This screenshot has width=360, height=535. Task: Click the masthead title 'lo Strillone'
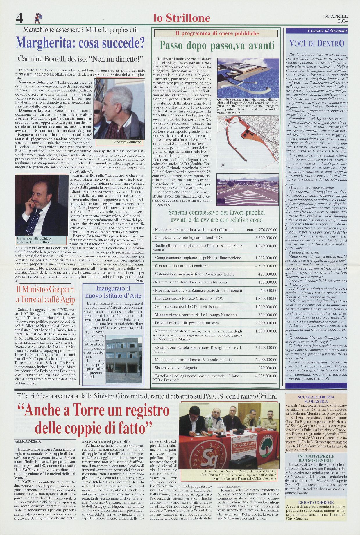click(182, 18)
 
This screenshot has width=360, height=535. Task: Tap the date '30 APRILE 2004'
click(336, 18)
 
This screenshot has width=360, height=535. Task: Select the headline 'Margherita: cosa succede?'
click(80, 43)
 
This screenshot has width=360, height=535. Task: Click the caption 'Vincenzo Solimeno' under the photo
click(127, 142)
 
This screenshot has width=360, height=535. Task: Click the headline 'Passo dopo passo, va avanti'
click(217, 46)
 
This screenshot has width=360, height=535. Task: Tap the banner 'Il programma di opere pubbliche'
click(217, 33)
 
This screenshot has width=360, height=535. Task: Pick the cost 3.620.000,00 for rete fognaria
click(266, 238)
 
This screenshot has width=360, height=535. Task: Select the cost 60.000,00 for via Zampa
click(268, 290)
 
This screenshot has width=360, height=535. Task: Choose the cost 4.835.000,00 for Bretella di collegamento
click(266, 376)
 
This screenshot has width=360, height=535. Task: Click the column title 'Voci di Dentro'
click(317, 44)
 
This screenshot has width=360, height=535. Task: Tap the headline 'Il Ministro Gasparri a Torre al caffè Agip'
click(45, 294)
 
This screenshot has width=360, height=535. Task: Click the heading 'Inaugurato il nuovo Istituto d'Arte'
click(113, 292)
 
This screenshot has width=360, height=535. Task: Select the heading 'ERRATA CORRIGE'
click(316, 502)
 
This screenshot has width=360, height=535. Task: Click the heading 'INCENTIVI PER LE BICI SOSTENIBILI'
click(316, 458)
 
